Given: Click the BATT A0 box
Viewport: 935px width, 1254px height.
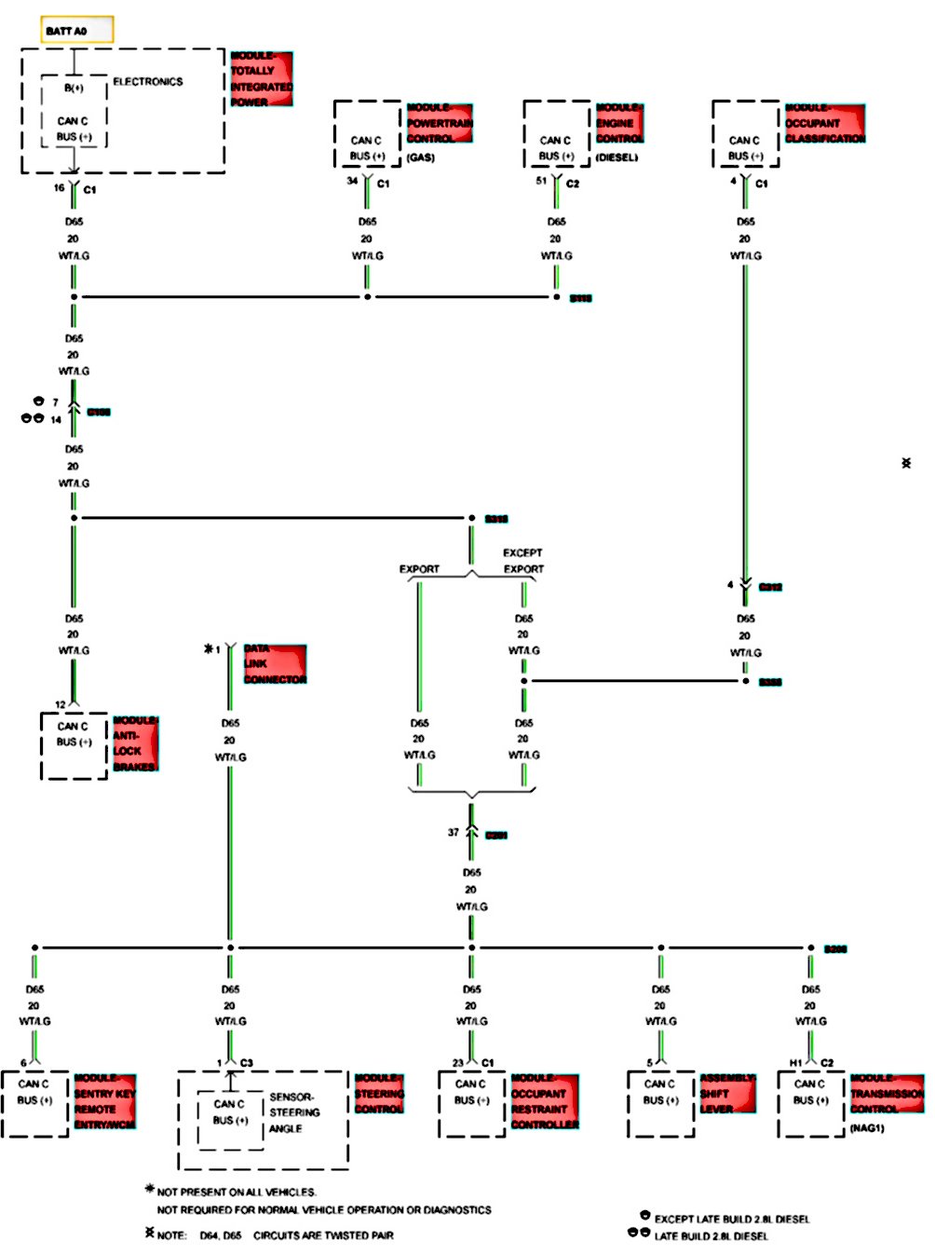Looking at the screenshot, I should pyautogui.click(x=78, y=31).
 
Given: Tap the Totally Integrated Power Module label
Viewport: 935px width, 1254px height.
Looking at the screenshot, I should pyautogui.click(x=262, y=79).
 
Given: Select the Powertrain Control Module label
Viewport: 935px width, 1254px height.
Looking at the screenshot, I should pyautogui.click(x=440, y=123).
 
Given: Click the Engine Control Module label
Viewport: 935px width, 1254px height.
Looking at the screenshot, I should pyautogui.click(x=619, y=123).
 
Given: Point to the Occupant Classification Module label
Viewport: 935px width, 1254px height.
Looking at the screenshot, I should pyautogui.click(x=825, y=123).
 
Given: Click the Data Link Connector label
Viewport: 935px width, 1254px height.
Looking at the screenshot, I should pyautogui.click(x=275, y=664).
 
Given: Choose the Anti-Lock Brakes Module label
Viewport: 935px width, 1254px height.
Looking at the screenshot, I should pyautogui.click(x=136, y=743).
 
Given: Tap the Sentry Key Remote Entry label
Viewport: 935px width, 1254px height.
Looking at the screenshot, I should pyautogui.click(x=105, y=1101).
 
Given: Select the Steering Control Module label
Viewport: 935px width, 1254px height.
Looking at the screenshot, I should pyautogui.click(x=379, y=1094).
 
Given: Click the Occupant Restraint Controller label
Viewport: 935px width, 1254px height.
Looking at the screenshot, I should pyautogui.click(x=545, y=1101).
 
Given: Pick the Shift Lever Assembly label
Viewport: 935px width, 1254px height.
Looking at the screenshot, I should pyautogui.click(x=727, y=1094).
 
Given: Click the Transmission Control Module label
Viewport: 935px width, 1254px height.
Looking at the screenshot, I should pyautogui.click(x=887, y=1094).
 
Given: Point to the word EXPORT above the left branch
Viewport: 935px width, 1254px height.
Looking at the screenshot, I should pyautogui.click(x=419, y=569).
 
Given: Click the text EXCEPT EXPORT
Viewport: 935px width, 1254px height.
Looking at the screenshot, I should pyautogui.click(x=523, y=561).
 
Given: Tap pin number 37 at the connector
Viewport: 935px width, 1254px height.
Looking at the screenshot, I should pyautogui.click(x=454, y=832).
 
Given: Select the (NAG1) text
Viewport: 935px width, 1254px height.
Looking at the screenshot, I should pyautogui.click(x=867, y=1128).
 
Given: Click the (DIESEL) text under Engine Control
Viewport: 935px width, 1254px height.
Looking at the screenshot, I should pyautogui.click(x=617, y=157).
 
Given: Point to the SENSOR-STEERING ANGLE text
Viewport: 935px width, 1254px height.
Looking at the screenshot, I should pyautogui.click(x=294, y=1112).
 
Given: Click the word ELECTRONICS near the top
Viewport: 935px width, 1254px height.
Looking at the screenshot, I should pyautogui.click(x=148, y=82).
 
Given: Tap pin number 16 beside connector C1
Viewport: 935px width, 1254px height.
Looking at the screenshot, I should pyautogui.click(x=60, y=188).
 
